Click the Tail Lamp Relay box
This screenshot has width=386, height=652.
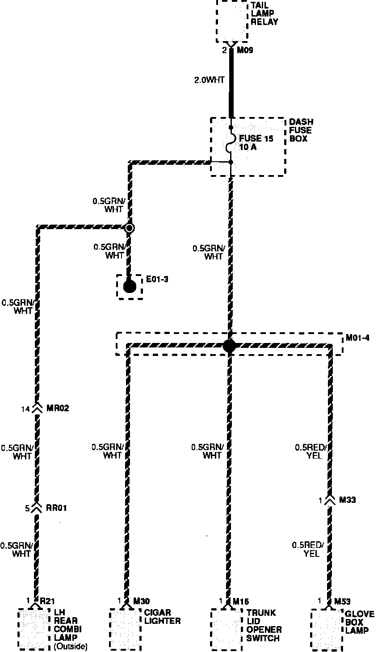coord(232,21)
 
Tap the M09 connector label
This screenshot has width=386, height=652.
coord(245,50)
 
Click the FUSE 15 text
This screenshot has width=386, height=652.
coord(256,138)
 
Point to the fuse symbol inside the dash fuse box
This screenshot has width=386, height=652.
coord(231,146)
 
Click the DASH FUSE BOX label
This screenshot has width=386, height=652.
coord(301,130)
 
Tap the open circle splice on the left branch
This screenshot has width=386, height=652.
coord(130,228)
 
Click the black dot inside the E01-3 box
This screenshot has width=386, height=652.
coord(130,286)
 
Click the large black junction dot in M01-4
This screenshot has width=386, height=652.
coord(229,345)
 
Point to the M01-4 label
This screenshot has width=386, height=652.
coord(358,338)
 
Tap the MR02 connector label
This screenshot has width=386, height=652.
coord(57,408)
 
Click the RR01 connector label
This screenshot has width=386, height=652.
coord(56,508)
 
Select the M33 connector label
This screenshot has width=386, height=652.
coord(347,500)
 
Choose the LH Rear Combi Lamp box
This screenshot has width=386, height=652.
coord(34,628)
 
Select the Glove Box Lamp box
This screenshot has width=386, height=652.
coord(327,628)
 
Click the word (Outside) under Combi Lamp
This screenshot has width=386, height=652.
coord(71,646)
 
